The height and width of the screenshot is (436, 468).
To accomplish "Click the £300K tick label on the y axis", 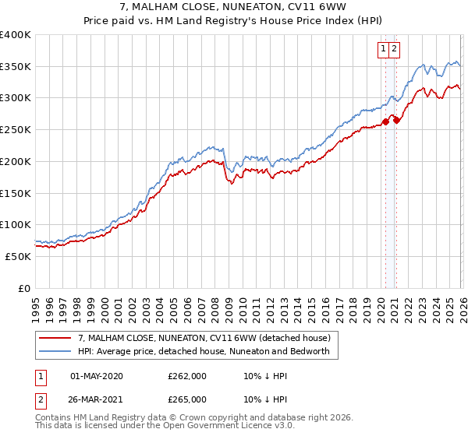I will tap(16, 98).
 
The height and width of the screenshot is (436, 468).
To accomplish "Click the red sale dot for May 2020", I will tap(385, 121).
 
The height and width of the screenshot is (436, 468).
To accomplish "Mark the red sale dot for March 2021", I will tap(397, 119).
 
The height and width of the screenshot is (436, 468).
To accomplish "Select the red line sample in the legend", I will tap(55, 338).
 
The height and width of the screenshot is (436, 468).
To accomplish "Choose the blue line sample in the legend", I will tap(55, 351).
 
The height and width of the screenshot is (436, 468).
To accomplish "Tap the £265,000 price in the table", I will tap(187, 399).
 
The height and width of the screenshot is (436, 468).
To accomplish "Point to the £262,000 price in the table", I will tap(187, 376).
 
